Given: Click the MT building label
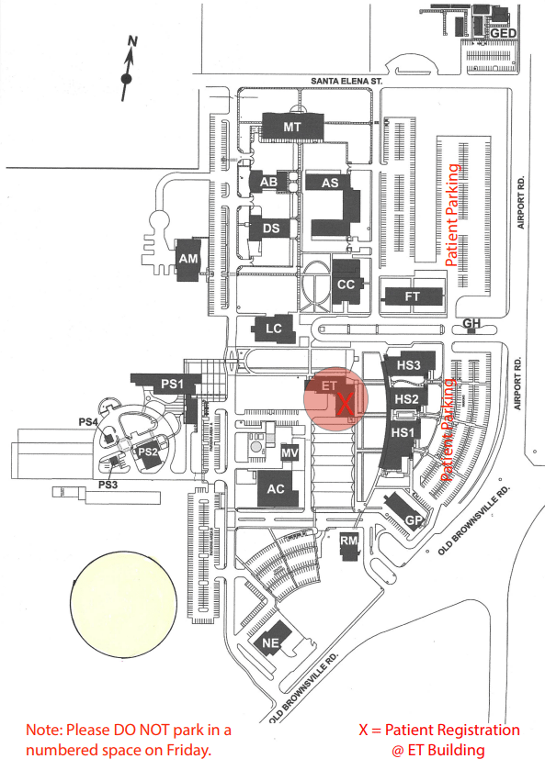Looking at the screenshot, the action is (292, 128).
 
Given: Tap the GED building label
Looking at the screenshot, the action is (504, 33).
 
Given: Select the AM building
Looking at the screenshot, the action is (188, 259).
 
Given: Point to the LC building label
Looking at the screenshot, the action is (274, 329).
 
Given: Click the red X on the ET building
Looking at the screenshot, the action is (346, 404).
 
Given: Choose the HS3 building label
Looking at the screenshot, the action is (409, 365).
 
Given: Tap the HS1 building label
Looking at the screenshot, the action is (403, 432).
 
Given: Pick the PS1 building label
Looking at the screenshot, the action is (172, 384).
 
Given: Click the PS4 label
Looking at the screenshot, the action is (88, 422).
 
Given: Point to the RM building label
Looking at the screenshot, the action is (349, 541).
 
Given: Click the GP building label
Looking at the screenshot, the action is (414, 521).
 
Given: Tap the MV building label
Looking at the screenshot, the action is (290, 452).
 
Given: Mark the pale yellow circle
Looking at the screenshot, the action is (123, 605).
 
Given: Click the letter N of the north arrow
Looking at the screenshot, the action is (132, 41).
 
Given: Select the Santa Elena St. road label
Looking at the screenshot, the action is (346, 81).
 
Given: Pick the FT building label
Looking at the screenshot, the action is (412, 296).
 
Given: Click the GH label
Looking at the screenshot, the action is (471, 323).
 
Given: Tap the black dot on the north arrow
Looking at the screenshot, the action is (127, 79).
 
